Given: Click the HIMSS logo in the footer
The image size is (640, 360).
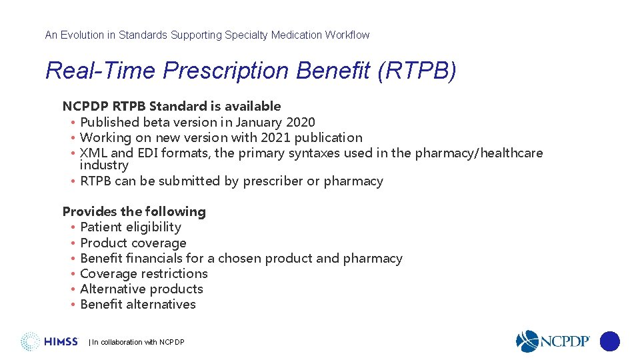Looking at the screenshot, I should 49,341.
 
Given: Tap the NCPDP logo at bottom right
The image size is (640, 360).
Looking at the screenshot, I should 553,341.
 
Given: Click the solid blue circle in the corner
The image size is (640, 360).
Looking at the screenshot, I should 609,341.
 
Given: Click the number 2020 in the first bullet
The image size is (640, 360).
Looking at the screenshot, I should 301,122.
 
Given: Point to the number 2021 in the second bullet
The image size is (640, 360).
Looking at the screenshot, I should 273,138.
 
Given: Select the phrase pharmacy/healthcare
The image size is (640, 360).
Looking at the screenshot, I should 479,153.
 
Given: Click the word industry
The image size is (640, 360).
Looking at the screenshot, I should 104,165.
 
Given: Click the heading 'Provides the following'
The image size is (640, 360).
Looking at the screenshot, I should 134,212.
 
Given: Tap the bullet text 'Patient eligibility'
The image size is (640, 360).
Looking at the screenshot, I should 131,227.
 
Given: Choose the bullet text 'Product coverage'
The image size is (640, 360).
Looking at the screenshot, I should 133,243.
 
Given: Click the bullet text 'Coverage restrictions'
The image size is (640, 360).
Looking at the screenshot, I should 144,274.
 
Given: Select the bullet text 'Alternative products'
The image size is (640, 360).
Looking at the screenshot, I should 141,289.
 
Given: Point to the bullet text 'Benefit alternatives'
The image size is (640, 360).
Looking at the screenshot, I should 138,305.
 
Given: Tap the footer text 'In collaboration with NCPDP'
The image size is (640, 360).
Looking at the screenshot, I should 137,342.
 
